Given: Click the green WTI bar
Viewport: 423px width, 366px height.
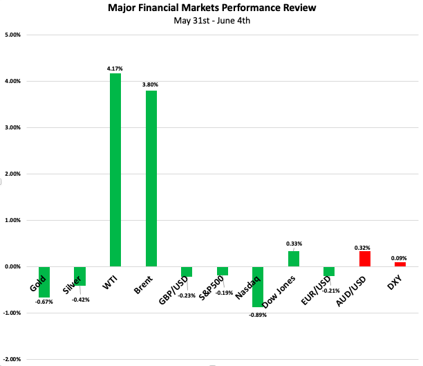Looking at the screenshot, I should [115, 170].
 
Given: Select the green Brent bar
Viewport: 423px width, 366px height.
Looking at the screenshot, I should [151, 179].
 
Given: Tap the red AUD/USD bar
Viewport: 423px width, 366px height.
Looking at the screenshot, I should [365, 259].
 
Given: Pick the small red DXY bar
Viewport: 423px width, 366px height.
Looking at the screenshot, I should [400, 264].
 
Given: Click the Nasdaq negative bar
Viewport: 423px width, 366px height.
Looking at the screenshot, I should [258, 286].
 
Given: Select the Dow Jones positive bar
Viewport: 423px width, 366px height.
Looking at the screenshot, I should [294, 259].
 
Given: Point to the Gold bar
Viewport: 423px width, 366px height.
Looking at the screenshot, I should [44, 282].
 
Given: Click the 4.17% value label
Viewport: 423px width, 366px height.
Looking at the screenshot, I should [115, 67].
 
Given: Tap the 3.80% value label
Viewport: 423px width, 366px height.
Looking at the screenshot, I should [151, 84].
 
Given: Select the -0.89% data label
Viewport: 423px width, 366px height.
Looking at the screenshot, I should [258, 315].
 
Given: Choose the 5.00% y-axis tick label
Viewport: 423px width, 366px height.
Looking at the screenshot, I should [12, 35].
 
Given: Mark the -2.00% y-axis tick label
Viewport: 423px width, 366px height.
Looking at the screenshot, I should [12, 359].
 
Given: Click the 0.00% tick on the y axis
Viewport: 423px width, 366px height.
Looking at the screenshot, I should [12, 266].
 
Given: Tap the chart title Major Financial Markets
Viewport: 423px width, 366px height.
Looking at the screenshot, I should [211, 9].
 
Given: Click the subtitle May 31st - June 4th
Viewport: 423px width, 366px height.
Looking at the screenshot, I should [211, 21].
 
